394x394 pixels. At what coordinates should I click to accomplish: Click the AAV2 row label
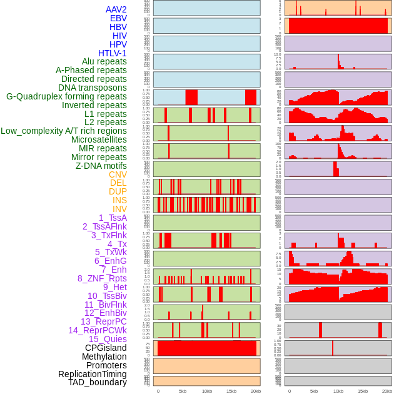click(x=116, y=10)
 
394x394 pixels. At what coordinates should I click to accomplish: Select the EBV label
click(x=118, y=19)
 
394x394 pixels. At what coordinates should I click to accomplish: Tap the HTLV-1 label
click(x=113, y=53)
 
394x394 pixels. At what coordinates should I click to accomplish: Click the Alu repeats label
click(x=104, y=62)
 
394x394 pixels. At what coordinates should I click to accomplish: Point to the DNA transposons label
click(x=93, y=88)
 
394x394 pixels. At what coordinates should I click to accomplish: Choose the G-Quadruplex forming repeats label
click(x=66, y=97)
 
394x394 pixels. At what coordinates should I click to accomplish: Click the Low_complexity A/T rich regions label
click(x=64, y=131)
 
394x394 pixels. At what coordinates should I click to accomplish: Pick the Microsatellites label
click(x=99, y=140)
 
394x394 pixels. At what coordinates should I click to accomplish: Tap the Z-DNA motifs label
click(x=101, y=166)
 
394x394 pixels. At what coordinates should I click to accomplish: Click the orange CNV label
click(x=118, y=174)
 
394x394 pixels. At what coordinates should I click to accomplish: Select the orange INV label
click(x=119, y=209)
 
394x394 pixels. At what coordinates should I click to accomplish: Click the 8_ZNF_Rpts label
click(x=102, y=278)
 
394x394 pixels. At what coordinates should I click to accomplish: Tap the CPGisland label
click(x=106, y=348)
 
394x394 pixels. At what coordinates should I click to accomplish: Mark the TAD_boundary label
click(x=98, y=382)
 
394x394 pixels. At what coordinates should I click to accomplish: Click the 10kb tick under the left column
click(x=206, y=391)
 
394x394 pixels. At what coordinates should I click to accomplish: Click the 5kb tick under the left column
click(x=182, y=391)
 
